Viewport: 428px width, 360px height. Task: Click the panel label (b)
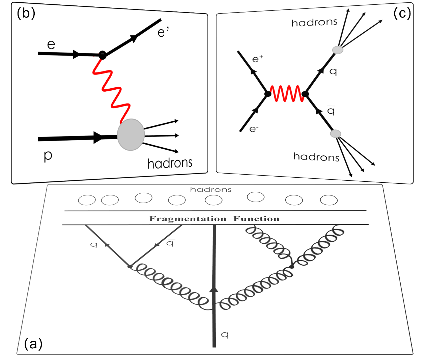click(26, 13)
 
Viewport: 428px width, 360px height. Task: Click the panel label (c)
click(402, 14)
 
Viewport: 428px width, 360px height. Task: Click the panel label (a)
click(33, 344)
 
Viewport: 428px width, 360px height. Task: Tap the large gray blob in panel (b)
click(131, 134)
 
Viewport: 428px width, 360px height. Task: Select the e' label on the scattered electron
click(163, 32)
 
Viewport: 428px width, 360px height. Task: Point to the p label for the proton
click(48, 156)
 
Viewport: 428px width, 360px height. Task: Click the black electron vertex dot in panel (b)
click(103, 55)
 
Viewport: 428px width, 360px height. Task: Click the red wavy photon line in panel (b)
click(111, 90)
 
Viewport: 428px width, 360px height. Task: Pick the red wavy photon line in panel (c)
click(287, 94)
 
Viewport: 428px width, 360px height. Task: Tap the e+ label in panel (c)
click(257, 59)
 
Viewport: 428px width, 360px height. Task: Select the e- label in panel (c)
click(254, 129)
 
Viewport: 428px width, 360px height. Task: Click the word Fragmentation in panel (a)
click(188, 219)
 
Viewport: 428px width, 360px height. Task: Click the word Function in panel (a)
click(256, 219)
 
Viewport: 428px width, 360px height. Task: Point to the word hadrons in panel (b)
click(170, 163)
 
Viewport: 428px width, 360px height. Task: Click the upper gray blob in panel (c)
click(338, 50)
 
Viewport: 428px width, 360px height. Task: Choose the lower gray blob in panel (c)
click(336, 134)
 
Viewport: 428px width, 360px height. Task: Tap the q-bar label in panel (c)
click(331, 111)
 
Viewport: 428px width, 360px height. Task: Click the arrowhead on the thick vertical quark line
click(214, 289)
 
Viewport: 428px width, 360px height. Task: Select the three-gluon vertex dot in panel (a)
click(291, 267)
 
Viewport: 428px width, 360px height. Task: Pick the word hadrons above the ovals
click(211, 189)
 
